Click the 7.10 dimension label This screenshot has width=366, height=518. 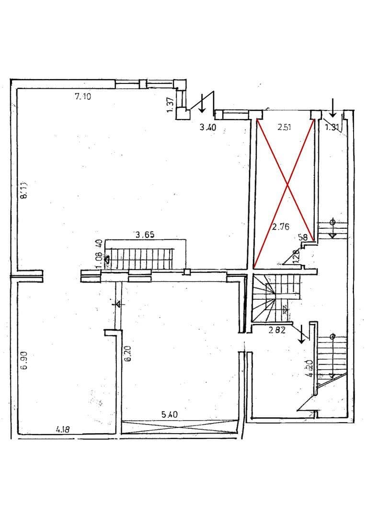tap(82, 96)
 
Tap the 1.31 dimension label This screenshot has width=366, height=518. tap(332, 127)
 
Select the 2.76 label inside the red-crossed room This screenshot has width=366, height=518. tap(280, 227)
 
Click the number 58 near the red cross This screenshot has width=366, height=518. tap(303, 237)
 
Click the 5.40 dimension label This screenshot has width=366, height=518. tap(171, 415)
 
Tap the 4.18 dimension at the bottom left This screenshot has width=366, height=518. tap(62, 430)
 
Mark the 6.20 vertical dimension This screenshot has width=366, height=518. tap(127, 354)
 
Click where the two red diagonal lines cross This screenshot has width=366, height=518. tap(286, 184)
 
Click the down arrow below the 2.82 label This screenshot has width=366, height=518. tap(302, 335)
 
